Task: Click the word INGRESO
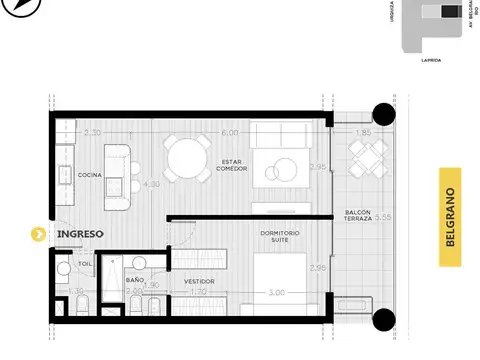point(81,234)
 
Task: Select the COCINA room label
point(93,175)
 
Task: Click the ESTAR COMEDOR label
point(231,164)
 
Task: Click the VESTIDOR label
point(198,281)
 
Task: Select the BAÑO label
point(135,280)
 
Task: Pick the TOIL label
point(85,265)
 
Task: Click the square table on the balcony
point(366,156)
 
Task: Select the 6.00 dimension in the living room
point(229,132)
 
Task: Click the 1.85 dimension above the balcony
point(363,132)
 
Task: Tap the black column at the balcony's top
point(382,113)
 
